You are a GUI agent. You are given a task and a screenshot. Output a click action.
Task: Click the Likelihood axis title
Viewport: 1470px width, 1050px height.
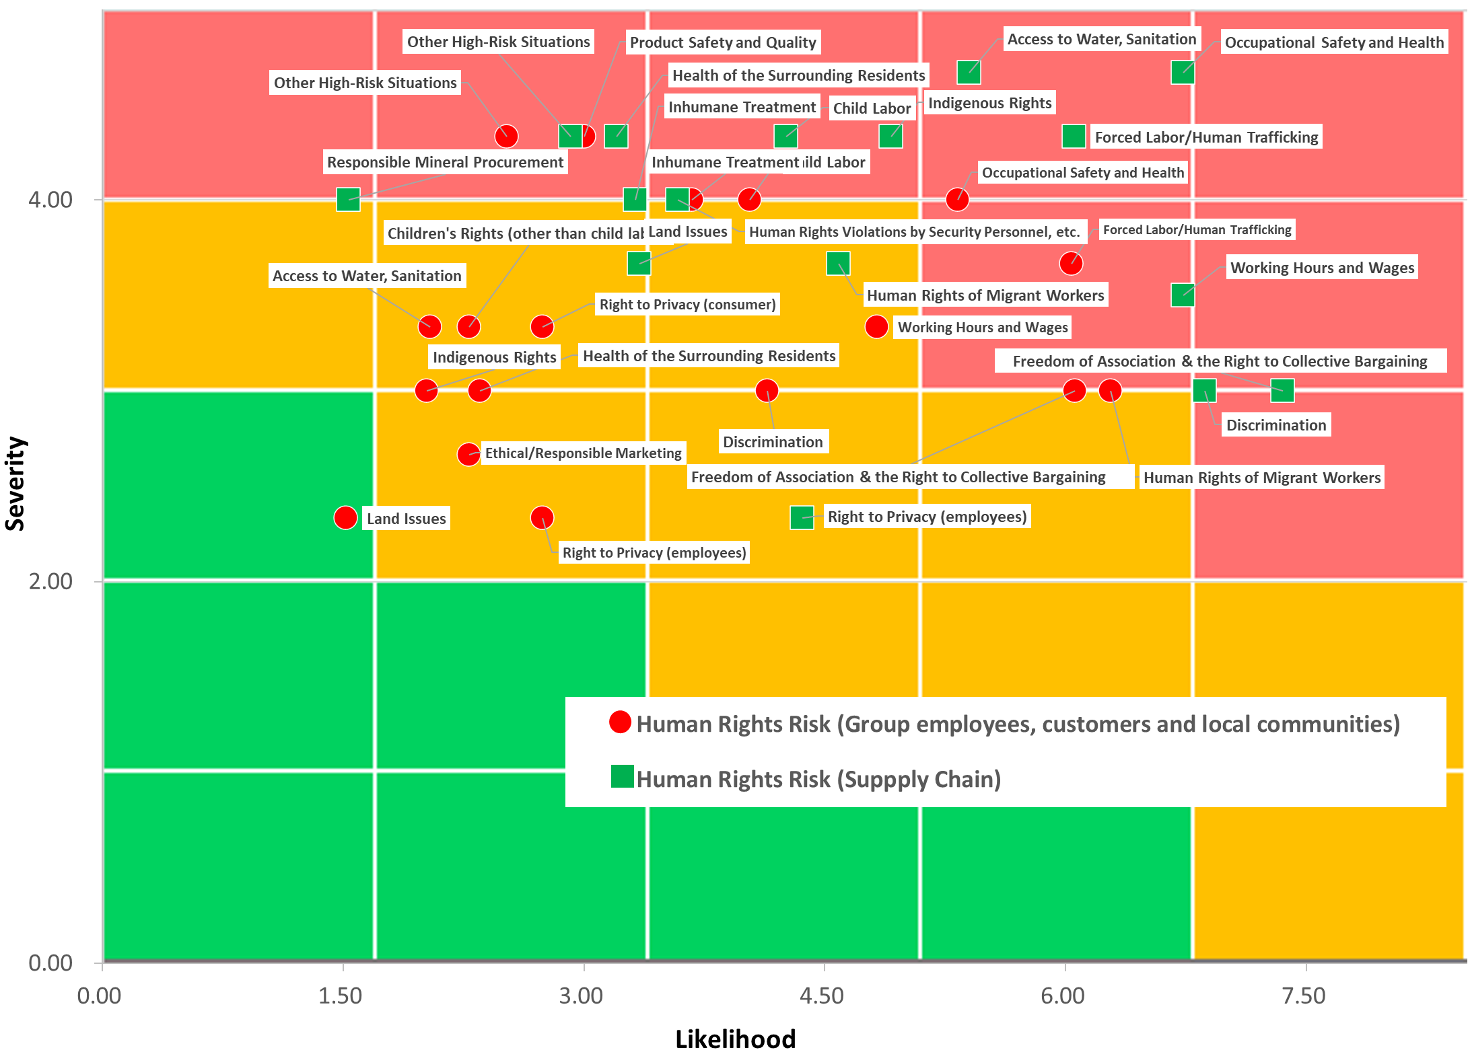click(x=735, y=1038)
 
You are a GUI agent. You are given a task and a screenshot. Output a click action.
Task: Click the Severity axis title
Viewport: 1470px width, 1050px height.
click(x=15, y=484)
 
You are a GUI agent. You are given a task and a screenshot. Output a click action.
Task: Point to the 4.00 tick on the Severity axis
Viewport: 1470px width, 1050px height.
click(x=50, y=200)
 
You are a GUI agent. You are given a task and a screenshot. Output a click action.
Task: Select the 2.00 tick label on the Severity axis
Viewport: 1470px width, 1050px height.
click(x=50, y=581)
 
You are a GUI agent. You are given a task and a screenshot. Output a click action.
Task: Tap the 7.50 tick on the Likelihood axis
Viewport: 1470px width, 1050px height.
click(x=1304, y=996)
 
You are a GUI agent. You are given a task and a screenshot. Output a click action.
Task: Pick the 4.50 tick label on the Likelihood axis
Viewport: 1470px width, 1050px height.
click(x=822, y=996)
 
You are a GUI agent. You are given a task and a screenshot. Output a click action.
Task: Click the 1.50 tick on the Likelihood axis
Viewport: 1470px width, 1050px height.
click(x=341, y=996)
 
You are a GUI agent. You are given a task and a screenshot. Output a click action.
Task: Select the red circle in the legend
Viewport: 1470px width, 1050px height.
click(x=620, y=722)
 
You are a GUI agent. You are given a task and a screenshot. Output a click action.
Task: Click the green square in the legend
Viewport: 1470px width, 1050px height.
click(x=622, y=776)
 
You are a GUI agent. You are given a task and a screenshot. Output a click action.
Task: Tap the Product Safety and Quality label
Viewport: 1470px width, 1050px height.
click(x=723, y=42)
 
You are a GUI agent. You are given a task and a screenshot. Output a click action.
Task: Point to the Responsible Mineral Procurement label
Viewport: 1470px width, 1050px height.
click(x=445, y=162)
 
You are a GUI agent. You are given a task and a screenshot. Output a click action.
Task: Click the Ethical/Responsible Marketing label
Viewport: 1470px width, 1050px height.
click(x=583, y=453)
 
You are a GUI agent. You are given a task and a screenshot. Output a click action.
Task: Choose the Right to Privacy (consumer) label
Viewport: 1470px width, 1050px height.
click(x=687, y=305)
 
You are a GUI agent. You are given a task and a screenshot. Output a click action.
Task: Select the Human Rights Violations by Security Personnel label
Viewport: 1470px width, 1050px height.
click(x=914, y=232)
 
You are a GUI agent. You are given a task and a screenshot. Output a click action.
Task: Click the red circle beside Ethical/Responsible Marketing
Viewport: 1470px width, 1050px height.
click(x=468, y=455)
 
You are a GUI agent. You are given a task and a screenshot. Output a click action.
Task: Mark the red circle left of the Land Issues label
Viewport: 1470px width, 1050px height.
click(x=345, y=518)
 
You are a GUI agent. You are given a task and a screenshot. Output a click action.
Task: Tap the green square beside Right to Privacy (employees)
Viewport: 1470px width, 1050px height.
click(x=802, y=517)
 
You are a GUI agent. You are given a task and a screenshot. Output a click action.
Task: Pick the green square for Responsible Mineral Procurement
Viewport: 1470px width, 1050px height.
click(x=348, y=199)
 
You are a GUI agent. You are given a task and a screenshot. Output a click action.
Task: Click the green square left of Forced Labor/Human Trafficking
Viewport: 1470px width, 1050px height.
click(x=1074, y=137)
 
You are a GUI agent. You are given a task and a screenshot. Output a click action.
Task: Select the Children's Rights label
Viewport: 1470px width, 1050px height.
click(x=515, y=233)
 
